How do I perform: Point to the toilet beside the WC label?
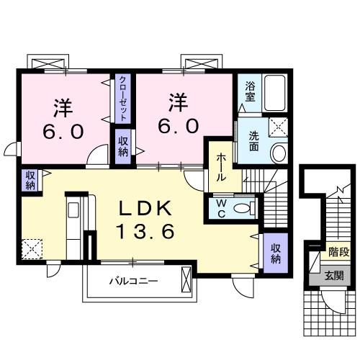coord(245,208)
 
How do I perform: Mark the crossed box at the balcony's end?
coord(187,278)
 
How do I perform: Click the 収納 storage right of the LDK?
coord(276,253)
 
